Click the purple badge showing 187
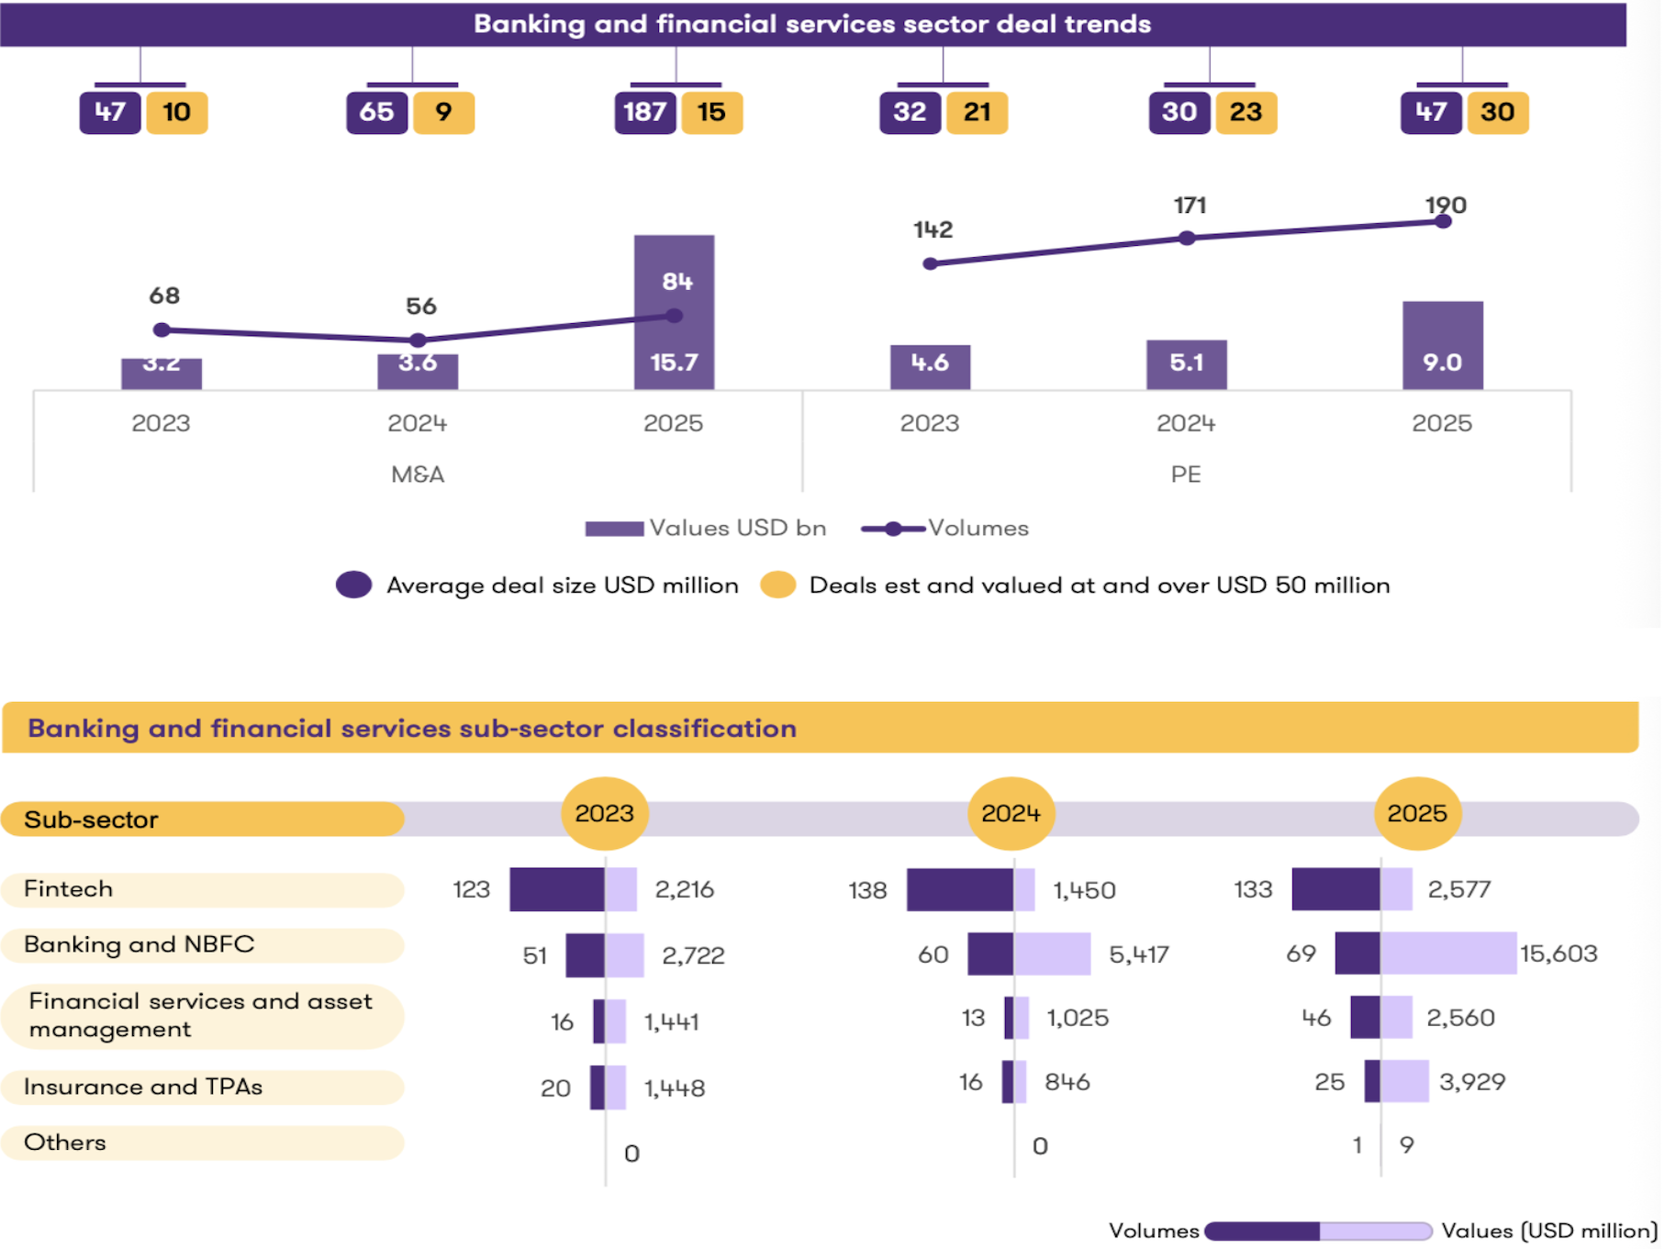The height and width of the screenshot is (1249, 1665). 645,113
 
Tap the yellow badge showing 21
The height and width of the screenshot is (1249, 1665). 977,113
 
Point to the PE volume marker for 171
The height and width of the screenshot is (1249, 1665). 1187,239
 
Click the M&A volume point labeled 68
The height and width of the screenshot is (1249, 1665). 162,329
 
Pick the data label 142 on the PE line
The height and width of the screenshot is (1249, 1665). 933,229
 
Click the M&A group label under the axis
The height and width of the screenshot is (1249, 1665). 418,474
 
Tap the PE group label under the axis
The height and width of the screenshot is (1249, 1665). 1185,474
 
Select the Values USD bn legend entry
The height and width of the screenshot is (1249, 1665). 707,529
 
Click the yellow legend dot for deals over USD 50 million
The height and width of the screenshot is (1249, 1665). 778,585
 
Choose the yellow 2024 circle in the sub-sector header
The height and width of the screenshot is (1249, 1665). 1011,813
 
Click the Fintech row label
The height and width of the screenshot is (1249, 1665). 69,889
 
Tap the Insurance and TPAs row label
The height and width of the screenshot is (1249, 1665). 143,1087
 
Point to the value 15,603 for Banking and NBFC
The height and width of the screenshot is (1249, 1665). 1559,953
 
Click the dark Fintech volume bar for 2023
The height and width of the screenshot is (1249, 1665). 557,889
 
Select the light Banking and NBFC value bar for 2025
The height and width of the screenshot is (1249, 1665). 1447,953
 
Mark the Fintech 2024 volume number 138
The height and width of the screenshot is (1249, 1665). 867,890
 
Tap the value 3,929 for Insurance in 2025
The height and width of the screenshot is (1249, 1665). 1472,1082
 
